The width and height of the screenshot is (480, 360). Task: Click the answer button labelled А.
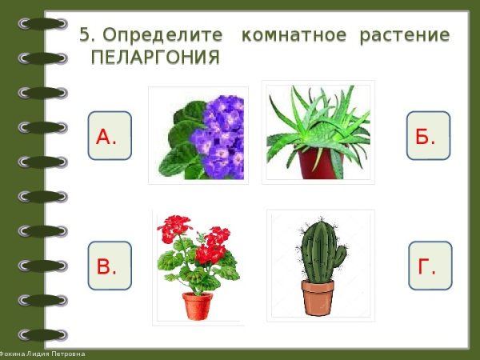109,135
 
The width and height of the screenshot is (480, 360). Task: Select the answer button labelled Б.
428,135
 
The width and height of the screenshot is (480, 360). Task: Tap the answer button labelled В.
109,265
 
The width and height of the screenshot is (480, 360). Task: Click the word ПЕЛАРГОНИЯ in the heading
155,58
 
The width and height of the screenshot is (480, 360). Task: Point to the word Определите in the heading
166,36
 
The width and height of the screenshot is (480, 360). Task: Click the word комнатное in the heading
294,36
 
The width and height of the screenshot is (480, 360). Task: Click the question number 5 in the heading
86,36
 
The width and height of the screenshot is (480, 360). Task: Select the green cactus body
318,248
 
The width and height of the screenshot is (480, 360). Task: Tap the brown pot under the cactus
318,298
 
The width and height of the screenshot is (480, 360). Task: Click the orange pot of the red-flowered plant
198,306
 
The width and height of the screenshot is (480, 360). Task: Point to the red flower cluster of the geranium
210,246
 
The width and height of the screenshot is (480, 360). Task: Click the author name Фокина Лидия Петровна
44,354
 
